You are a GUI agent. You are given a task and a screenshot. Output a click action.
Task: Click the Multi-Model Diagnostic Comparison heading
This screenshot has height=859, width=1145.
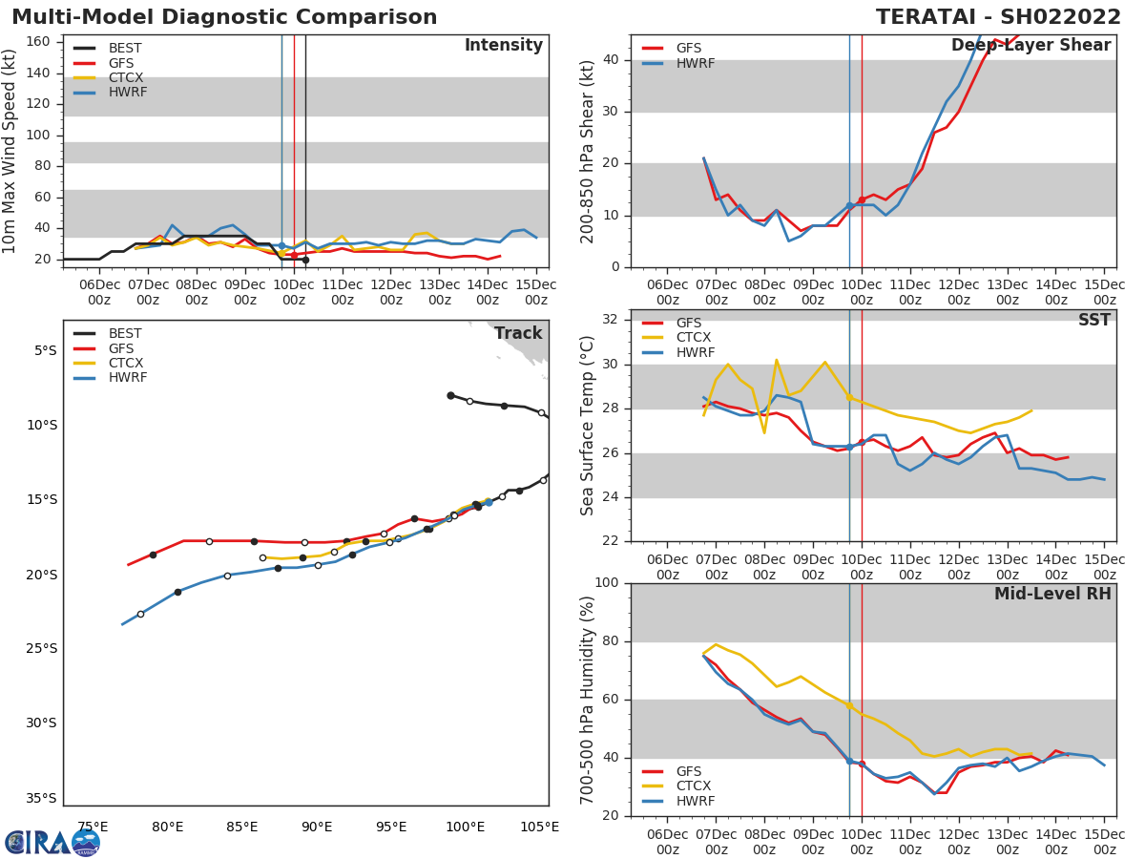click(x=224, y=17)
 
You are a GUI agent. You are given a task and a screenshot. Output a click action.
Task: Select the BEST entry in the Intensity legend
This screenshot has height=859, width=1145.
click(x=125, y=48)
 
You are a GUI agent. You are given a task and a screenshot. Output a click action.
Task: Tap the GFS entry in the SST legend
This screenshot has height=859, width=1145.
click(x=688, y=323)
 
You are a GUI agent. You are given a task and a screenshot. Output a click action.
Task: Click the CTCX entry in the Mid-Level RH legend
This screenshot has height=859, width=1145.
click(x=695, y=786)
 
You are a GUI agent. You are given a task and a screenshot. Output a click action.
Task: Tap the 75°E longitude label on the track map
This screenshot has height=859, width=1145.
click(x=93, y=828)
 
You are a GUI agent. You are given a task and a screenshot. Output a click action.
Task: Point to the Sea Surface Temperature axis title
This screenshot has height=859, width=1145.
click(x=588, y=426)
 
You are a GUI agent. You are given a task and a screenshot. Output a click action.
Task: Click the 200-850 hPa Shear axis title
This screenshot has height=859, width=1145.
click(x=588, y=151)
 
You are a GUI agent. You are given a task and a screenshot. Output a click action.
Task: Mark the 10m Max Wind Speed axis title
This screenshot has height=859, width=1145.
click(x=10, y=151)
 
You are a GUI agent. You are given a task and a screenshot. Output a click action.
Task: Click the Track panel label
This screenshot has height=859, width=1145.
click(x=518, y=334)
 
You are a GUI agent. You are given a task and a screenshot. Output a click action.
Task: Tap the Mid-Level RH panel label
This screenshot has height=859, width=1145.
click(x=1052, y=595)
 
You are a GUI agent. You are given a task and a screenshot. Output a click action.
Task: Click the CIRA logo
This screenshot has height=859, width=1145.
click(x=52, y=843)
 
